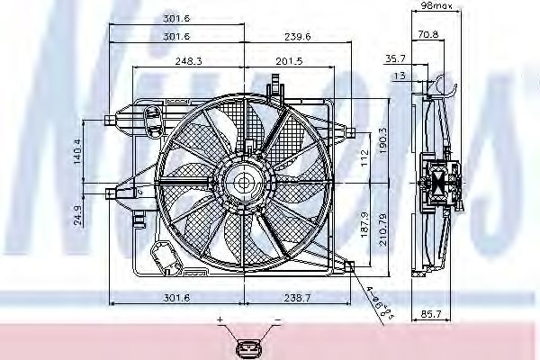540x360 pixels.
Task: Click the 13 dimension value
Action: pyautogui.click(x=399, y=76)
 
